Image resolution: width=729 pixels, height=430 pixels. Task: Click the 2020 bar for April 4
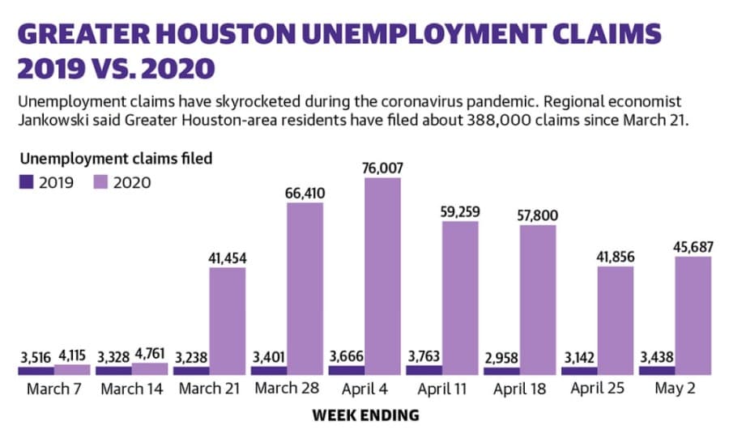382,276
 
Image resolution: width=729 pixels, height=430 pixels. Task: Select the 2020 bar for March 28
305,288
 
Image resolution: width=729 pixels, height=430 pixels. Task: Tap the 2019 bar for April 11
424,370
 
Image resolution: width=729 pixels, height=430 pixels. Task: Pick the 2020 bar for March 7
72,369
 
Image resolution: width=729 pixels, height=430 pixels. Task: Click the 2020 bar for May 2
693,316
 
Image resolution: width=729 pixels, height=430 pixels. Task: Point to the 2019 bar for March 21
191,371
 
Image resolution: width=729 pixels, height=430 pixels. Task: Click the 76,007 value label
382,168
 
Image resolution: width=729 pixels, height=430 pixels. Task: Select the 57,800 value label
538,215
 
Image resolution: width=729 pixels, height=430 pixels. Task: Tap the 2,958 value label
501,359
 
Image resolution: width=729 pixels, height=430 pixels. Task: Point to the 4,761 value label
150,354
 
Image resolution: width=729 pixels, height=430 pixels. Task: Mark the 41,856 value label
615,257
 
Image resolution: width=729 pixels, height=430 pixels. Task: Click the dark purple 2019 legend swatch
26,181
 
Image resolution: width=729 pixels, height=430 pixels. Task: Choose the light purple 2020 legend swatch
100,181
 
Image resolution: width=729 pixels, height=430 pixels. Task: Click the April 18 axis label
519,389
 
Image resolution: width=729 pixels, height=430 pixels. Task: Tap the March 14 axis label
131,389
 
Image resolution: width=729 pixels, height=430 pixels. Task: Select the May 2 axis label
675,388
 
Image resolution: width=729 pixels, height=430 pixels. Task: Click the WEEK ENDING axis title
366,415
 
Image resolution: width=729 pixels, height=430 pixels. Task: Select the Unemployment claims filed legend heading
116,159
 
